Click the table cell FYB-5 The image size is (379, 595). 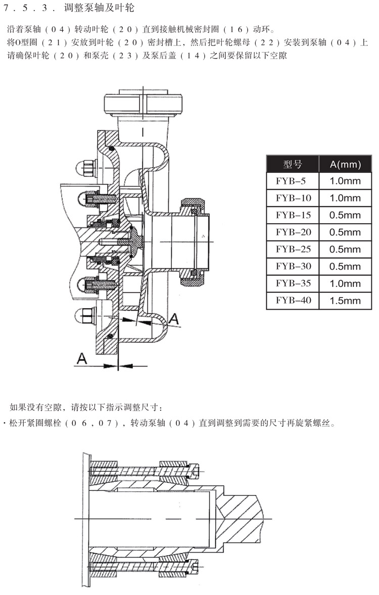pyautogui.click(x=293, y=181)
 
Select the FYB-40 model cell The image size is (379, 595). pyautogui.click(x=293, y=301)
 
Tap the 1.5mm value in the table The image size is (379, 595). pyautogui.click(x=345, y=301)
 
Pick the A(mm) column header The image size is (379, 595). pyautogui.click(x=345, y=164)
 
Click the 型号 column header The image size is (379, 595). pyautogui.click(x=293, y=164)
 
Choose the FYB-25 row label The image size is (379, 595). pyautogui.click(x=293, y=250)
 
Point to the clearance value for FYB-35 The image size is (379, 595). pyautogui.click(x=345, y=284)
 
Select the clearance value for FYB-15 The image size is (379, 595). pyautogui.click(x=345, y=215)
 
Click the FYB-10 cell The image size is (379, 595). pyautogui.click(x=293, y=198)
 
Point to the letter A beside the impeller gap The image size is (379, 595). pyautogui.click(x=173, y=318)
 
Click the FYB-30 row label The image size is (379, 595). pyautogui.click(x=293, y=267)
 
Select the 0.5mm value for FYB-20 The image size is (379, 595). pyautogui.click(x=345, y=232)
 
